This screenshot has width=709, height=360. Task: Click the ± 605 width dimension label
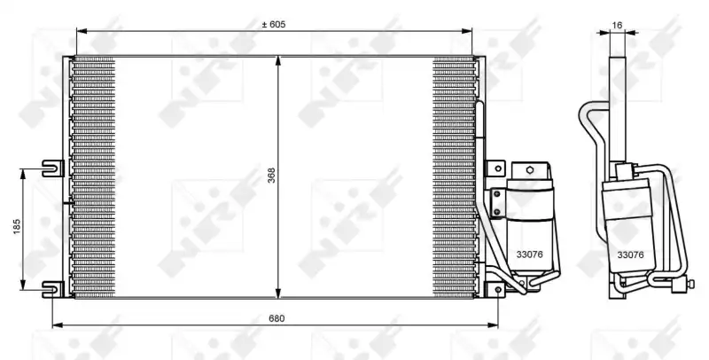[274, 25]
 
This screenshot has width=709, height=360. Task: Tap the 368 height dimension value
[271, 176]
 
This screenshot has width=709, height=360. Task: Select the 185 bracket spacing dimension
[17, 227]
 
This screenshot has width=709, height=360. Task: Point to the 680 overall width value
[277, 318]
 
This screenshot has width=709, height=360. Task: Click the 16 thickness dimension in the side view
[617, 26]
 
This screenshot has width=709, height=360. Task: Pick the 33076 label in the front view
[529, 254]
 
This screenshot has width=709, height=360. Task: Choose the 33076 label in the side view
[630, 255]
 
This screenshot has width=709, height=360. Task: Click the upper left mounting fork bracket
[53, 168]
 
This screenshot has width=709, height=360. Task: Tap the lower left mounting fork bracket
[53, 289]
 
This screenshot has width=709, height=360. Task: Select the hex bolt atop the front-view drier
[530, 170]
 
